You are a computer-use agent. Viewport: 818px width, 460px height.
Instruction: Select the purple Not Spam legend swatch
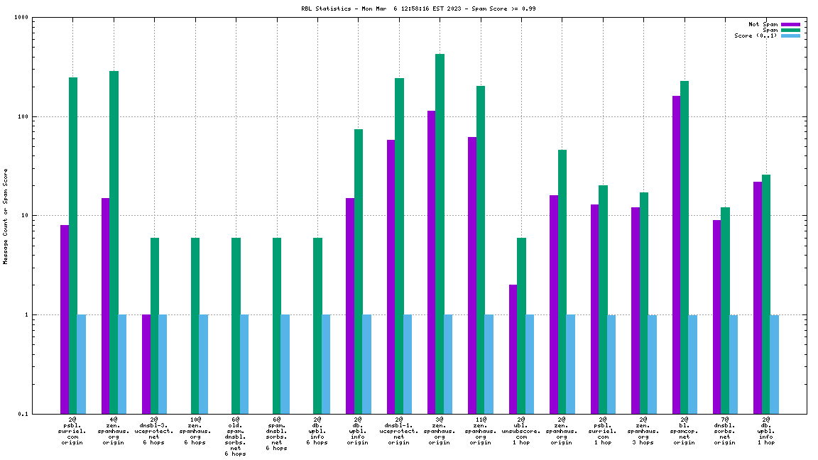790,24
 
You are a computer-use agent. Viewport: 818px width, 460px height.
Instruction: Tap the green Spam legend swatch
790,30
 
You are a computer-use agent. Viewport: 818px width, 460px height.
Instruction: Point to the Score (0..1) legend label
756,35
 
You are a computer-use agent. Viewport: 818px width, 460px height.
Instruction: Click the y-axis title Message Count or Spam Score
6,216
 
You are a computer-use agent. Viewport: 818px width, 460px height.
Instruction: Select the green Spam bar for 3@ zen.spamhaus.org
440,234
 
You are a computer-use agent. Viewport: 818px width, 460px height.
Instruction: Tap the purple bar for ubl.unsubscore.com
513,349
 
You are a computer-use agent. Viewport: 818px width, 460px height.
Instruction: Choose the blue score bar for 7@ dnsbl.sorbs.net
734,363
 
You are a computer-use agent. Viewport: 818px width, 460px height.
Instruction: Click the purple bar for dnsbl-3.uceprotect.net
146,363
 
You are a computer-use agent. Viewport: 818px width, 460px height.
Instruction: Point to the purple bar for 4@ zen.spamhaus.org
105,305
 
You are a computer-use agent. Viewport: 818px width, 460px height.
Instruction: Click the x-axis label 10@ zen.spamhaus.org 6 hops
195,431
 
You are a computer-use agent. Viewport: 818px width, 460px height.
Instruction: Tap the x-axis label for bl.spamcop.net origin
685,431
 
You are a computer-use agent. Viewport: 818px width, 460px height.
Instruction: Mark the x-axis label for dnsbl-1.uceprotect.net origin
399,431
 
